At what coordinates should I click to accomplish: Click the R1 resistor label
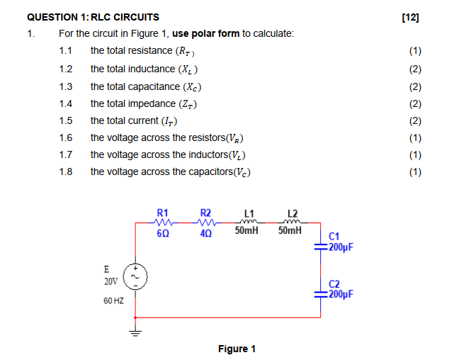162,213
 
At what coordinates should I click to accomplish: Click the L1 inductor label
249,213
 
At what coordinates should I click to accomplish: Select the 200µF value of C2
341,292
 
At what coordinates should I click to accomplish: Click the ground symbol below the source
135,334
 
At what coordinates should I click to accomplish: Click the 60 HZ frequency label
113,301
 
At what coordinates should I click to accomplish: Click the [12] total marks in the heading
410,17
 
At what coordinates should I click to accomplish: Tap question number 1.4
66,103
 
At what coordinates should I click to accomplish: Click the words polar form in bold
216,34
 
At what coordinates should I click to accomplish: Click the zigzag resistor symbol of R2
206,222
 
